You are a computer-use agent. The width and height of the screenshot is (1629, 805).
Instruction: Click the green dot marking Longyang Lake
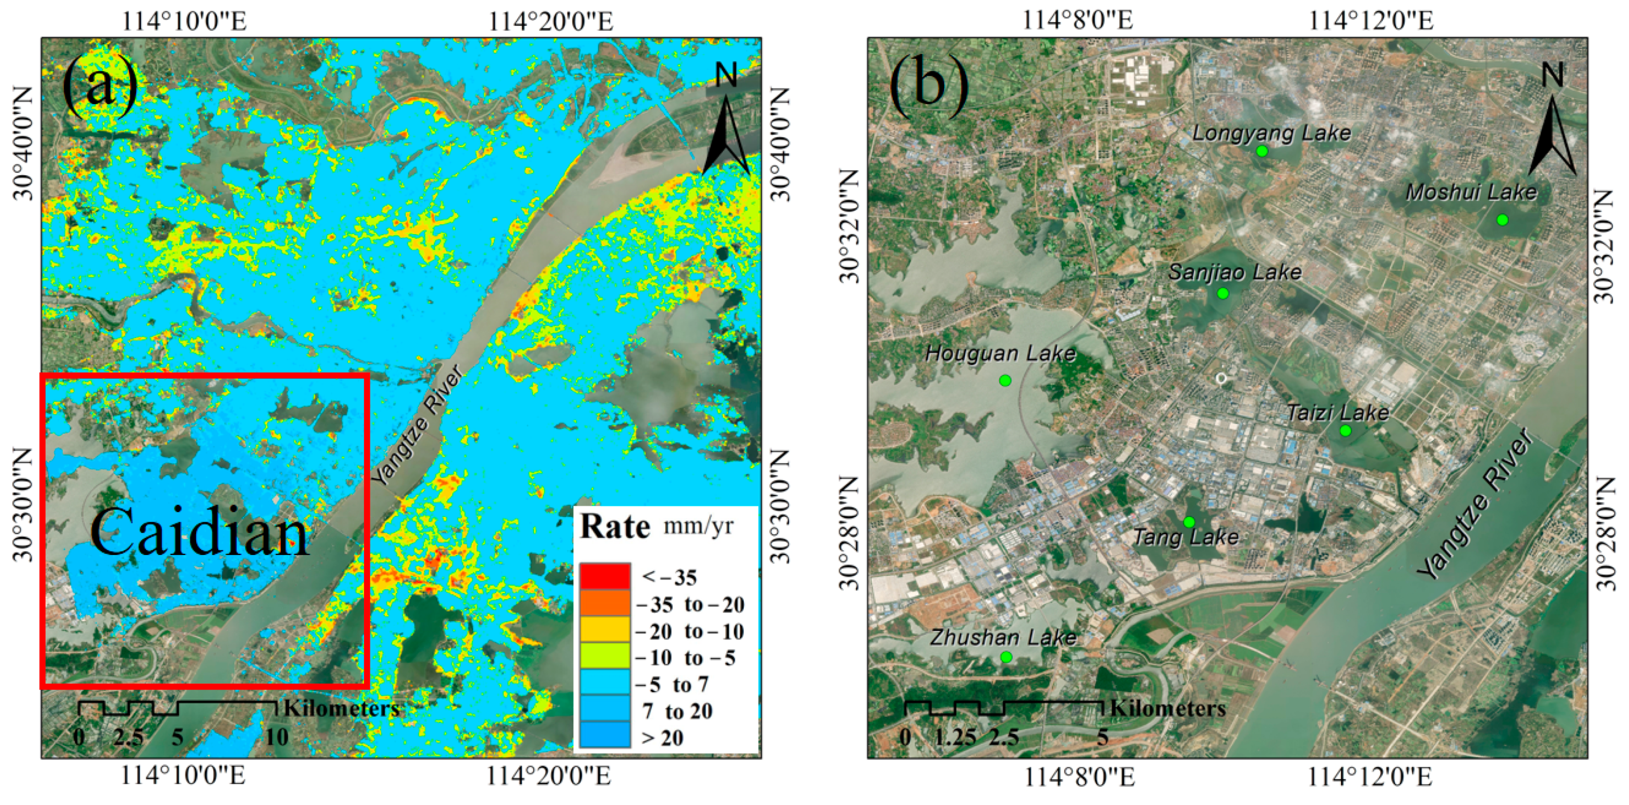click(x=1262, y=151)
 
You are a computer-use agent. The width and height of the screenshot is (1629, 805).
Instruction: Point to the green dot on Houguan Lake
click(x=1005, y=381)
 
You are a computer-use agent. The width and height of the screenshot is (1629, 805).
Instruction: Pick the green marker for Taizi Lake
click(x=1345, y=431)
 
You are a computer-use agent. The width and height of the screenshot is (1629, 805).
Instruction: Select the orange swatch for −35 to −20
click(x=605, y=604)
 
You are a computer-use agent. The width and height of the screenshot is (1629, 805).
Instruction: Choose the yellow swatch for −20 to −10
click(x=605, y=631)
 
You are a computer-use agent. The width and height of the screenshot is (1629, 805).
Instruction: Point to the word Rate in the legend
click(x=615, y=527)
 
